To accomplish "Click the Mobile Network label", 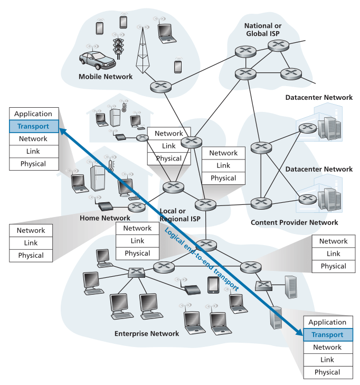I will [106, 77].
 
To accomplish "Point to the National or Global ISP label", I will [262, 30].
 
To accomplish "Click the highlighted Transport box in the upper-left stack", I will [33, 126].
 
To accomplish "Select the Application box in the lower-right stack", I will [327, 322].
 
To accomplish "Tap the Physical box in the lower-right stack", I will [327, 372].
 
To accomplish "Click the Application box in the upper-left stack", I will [33, 114].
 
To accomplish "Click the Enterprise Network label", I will [146, 334].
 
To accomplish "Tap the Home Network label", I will [105, 218].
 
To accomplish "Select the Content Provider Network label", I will [294, 223].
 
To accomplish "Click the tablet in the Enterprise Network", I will [213, 285].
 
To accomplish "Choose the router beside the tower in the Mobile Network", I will [157, 87].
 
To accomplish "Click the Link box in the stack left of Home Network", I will [31, 243].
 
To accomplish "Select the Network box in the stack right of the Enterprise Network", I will [334, 241].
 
